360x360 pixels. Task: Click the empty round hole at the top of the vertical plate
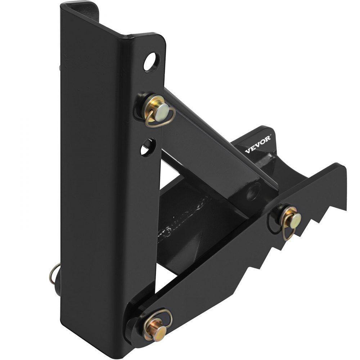point(152,62)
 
